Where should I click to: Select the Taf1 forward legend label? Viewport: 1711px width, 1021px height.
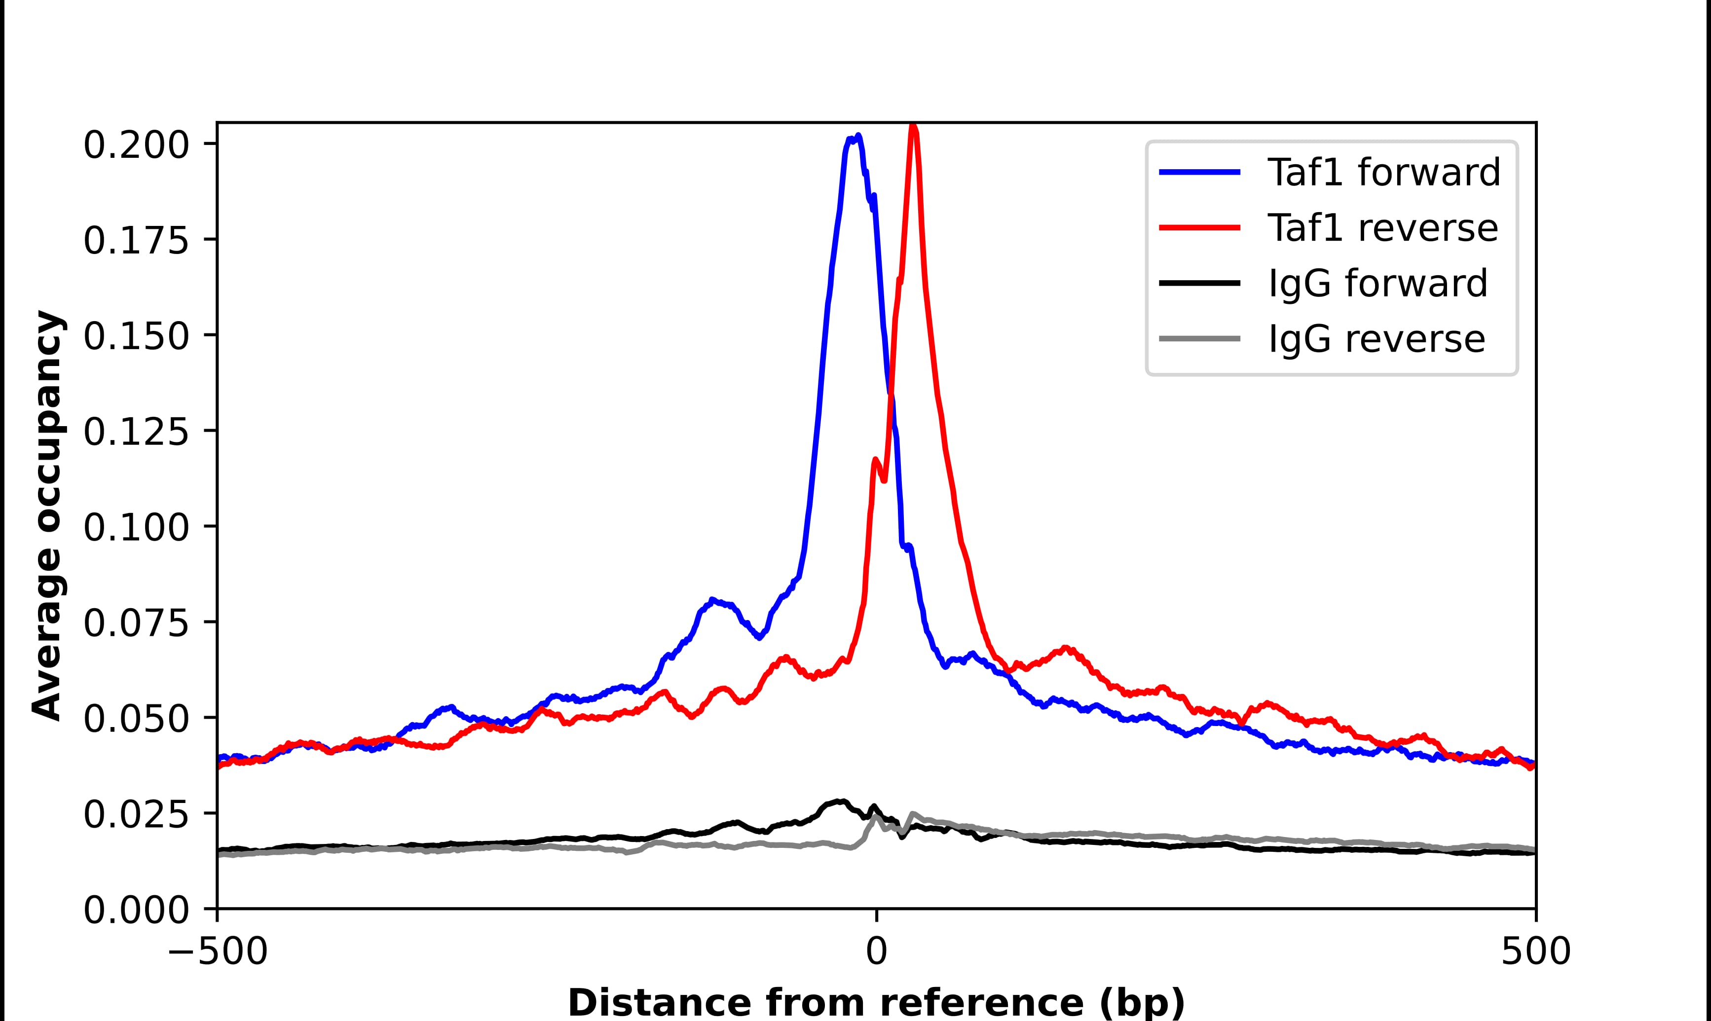coord(1383,172)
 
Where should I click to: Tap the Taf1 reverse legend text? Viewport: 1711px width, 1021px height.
coord(1382,228)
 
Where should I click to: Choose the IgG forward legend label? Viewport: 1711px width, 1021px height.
coord(1377,284)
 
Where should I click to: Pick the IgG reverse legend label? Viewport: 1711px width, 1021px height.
coord(1376,339)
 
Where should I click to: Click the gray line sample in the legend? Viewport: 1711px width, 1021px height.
coord(1200,338)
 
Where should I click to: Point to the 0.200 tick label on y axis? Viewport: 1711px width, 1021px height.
coord(136,145)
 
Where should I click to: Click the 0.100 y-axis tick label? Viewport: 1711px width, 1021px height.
coord(136,528)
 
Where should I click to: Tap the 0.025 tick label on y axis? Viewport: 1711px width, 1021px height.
coord(136,815)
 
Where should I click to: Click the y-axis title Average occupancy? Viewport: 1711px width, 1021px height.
coord(48,516)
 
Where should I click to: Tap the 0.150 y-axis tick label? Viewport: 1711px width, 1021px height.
coord(136,336)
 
